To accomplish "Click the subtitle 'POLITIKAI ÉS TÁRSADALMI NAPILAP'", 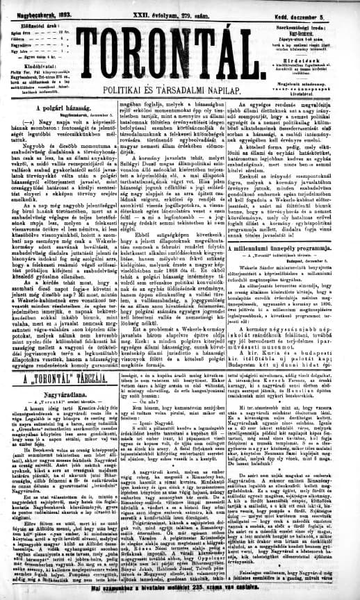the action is point(180,90).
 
